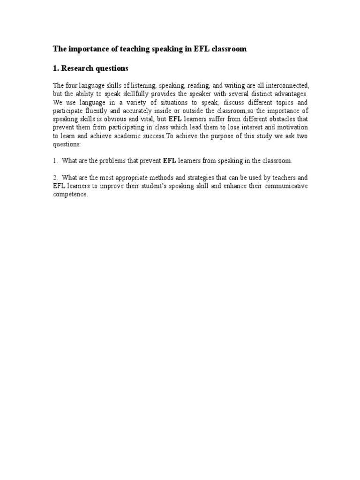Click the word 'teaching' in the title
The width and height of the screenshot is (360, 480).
[141, 49]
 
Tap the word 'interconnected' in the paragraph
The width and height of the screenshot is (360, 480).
[286, 86]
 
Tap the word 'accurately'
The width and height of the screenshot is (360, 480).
[141, 110]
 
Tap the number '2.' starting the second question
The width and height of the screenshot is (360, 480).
[55, 178]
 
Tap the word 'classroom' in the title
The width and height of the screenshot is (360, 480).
[229, 49]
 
